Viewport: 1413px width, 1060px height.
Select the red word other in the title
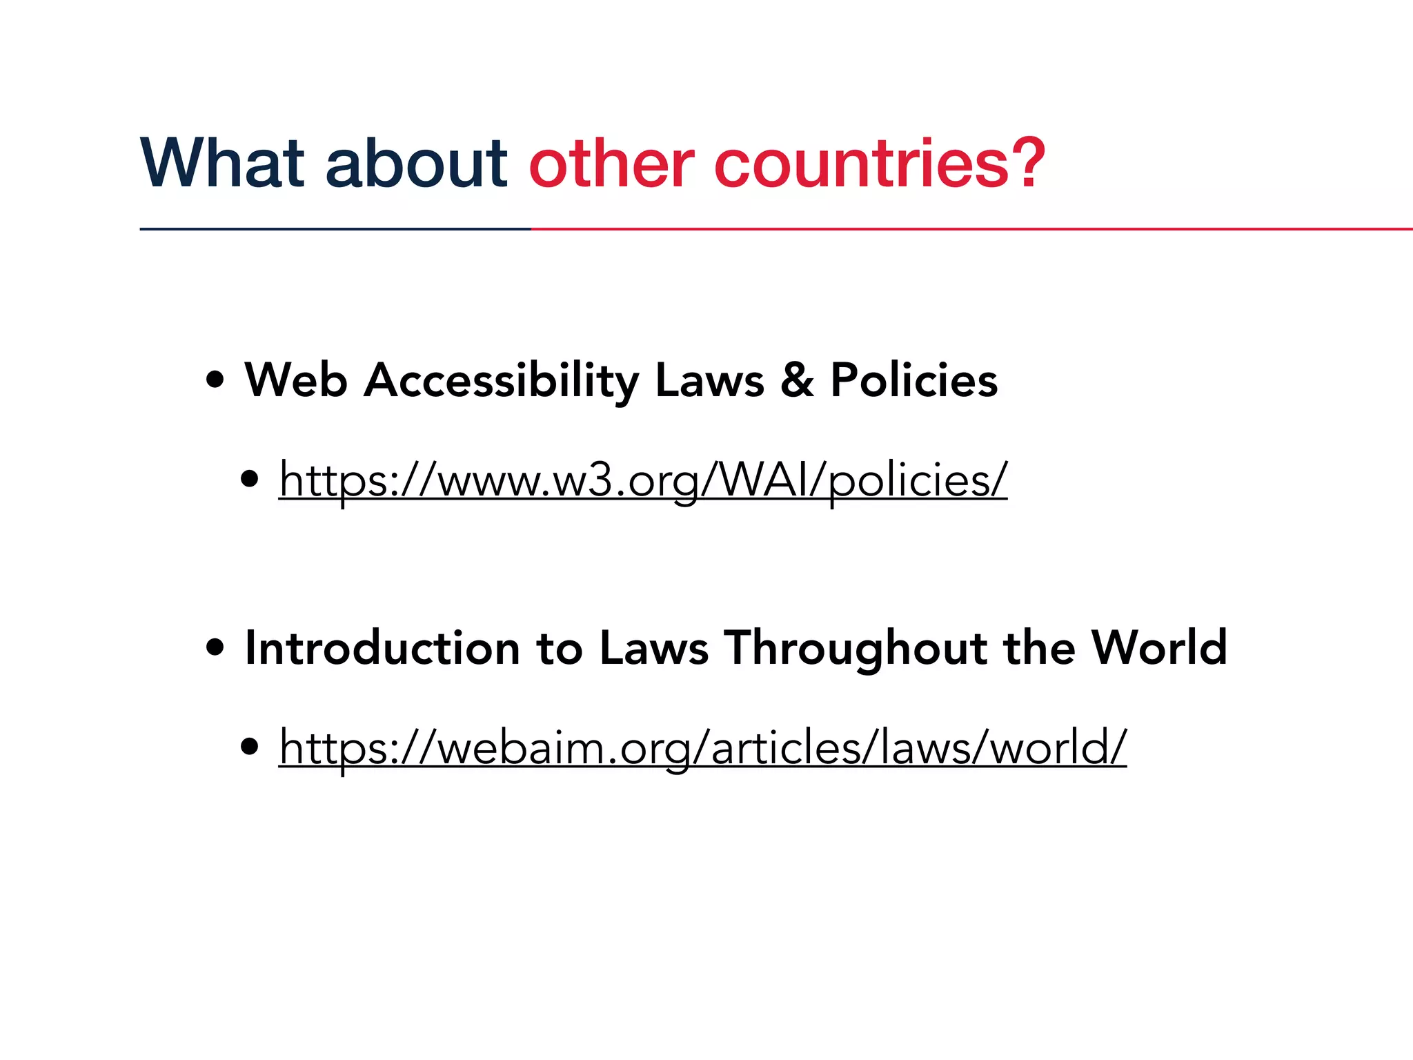pyautogui.click(x=611, y=164)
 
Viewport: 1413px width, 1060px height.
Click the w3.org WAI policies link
pyautogui.click(x=643, y=480)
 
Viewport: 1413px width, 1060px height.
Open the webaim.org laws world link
pyautogui.click(x=702, y=747)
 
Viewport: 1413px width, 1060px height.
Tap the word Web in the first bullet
pyautogui.click(x=296, y=380)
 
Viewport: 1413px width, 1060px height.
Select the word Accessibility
pyautogui.click(x=502, y=380)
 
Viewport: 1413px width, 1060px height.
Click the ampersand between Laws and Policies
pyautogui.click(x=798, y=380)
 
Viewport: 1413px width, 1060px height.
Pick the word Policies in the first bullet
pyautogui.click(x=914, y=380)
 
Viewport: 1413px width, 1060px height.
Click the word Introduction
pyautogui.click(x=382, y=648)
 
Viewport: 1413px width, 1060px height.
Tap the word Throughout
pyautogui.click(x=856, y=648)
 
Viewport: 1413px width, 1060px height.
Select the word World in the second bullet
pyautogui.click(x=1159, y=648)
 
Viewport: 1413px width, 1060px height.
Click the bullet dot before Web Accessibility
pyautogui.click(x=215, y=380)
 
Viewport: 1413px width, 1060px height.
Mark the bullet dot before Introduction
pyautogui.click(x=215, y=648)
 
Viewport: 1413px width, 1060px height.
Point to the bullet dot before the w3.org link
pyautogui.click(x=250, y=479)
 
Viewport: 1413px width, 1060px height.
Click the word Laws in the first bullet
pyautogui.click(x=710, y=380)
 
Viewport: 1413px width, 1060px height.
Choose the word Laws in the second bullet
pyautogui.click(x=654, y=648)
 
